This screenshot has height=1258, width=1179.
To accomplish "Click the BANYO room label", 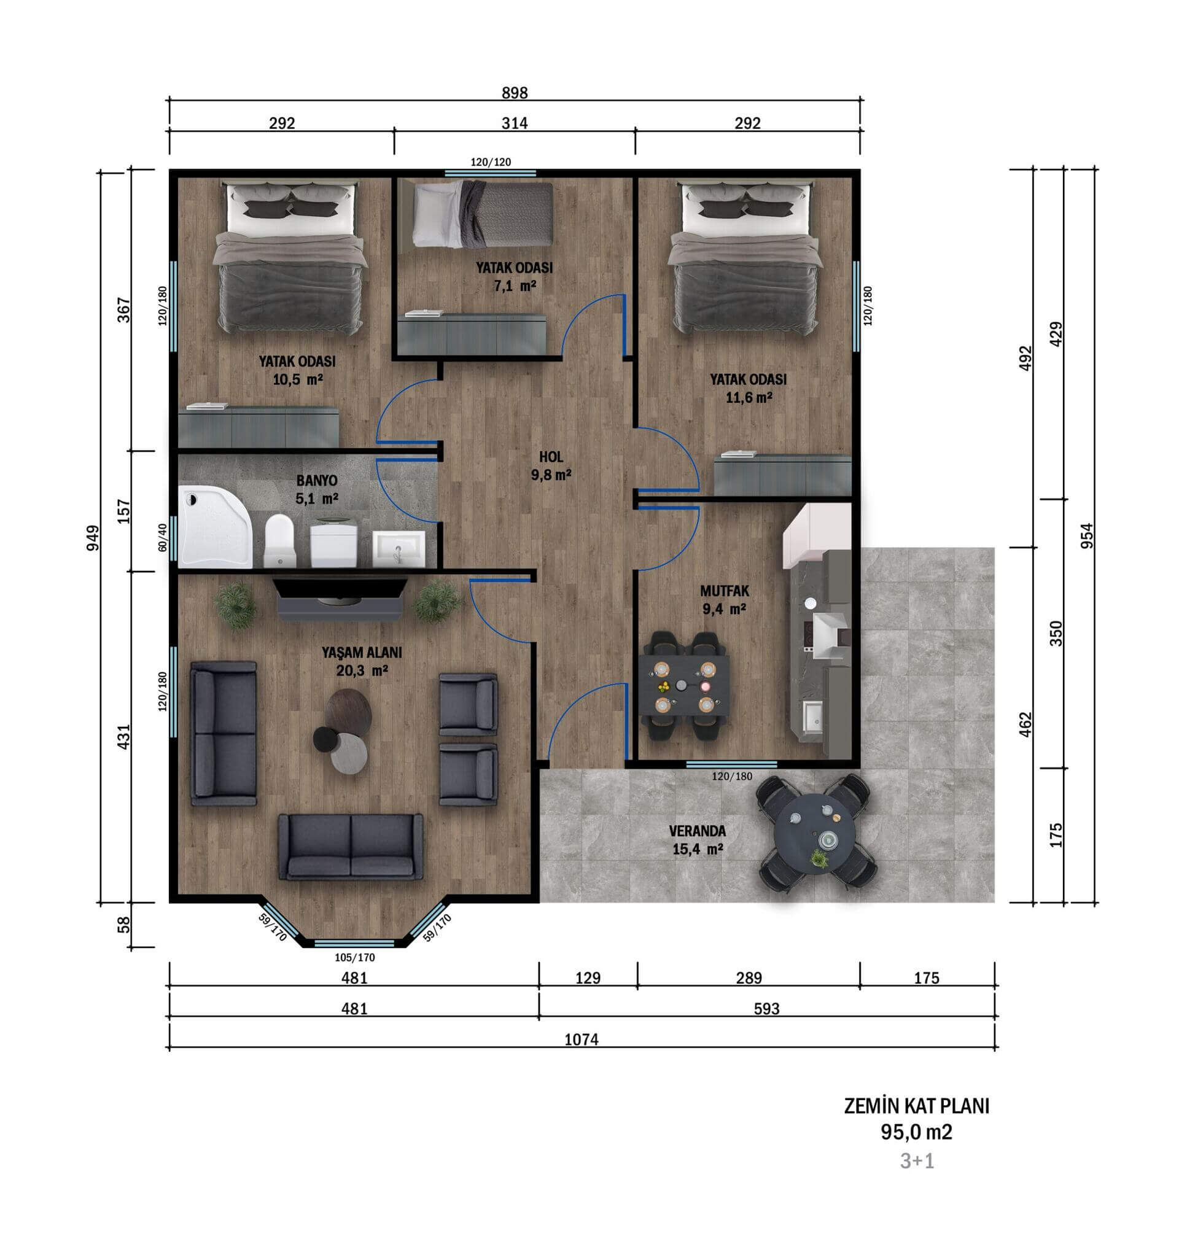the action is pos(316,480).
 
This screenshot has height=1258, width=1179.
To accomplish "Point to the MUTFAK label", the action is pos(724,591).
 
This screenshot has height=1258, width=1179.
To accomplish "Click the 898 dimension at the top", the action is pos(514,94).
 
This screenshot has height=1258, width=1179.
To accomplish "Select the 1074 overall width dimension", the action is pos(581,1039).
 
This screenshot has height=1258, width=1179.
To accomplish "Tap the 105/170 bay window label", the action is pos(354,957).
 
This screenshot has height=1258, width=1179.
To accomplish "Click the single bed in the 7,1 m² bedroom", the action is pos(483,214).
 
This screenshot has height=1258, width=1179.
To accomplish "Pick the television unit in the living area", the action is pos(340,597).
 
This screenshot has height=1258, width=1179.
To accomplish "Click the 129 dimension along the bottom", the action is pos(587,978).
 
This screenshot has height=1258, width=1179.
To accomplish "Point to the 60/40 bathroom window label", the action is pos(163,537).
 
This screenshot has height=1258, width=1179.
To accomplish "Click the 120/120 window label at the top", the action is pos(491,162).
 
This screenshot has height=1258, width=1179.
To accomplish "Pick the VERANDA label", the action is pos(698,831).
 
